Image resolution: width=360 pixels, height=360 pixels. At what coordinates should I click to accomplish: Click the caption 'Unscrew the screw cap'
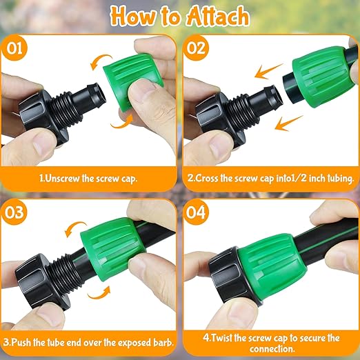(90, 177)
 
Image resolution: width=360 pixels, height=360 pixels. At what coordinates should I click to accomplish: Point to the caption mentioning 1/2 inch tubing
(271, 177)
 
